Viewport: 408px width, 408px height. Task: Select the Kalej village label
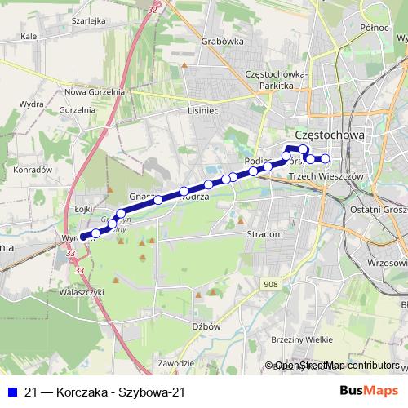coord(31,36)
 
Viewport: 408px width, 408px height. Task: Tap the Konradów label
coord(33,169)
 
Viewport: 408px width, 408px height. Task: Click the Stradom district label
coord(265,234)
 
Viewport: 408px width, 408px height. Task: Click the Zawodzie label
coord(176,362)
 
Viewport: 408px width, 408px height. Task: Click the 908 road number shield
coord(272,283)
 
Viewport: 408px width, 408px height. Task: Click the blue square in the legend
coord(12,391)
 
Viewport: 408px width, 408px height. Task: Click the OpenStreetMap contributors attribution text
coord(337,366)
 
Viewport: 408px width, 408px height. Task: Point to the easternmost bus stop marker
coord(325,158)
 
